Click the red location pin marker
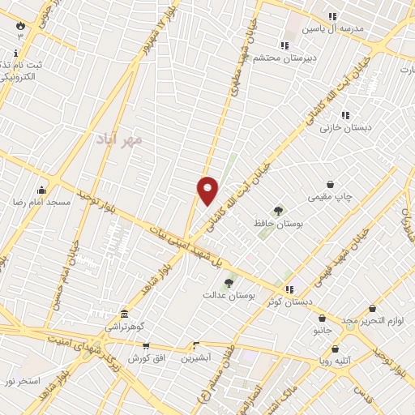(208, 190)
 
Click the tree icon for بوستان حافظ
(279, 211)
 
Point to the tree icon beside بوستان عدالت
(229, 284)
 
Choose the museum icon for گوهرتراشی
(123, 314)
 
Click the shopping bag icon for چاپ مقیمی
(330, 185)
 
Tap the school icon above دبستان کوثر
(289, 289)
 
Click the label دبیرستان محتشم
(279, 58)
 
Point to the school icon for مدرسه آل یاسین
(332, 16)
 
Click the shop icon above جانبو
(323, 319)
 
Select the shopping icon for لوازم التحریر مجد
(372, 309)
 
